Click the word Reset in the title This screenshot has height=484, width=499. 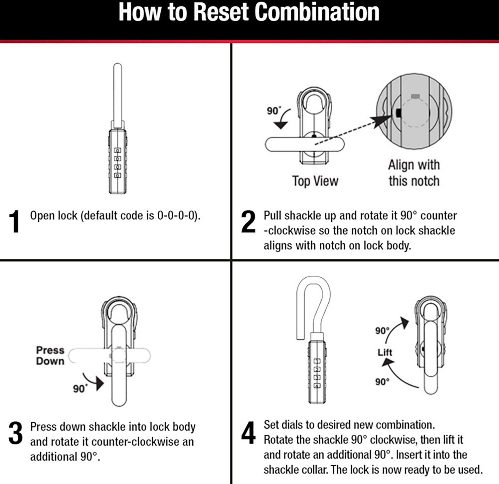click(221, 12)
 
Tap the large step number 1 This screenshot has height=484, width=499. click(15, 221)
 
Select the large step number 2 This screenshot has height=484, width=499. click(248, 221)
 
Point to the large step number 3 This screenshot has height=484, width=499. click(15, 433)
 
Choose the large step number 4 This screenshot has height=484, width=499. click(249, 433)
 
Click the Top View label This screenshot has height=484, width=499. click(315, 181)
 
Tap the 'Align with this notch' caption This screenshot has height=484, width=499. click(414, 173)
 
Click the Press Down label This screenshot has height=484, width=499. click(50, 356)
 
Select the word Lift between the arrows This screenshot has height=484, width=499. click(385, 352)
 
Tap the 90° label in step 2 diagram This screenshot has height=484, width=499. click(274, 111)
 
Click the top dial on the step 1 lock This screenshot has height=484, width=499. click(117, 151)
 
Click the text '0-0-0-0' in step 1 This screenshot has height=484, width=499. click(176, 215)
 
